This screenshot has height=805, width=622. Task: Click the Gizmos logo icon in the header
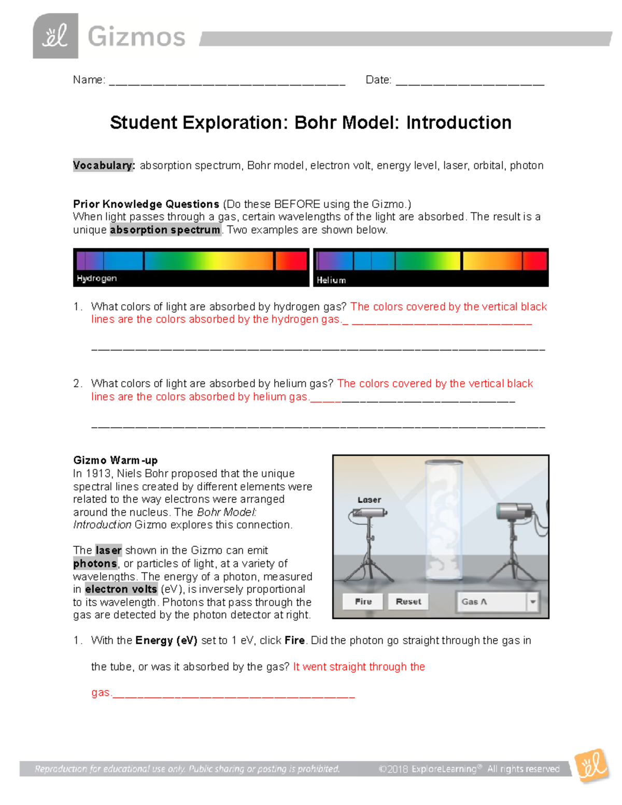55,36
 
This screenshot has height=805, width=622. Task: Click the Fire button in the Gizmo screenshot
363,601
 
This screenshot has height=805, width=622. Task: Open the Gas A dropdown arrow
532,602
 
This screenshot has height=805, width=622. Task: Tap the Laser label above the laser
369,500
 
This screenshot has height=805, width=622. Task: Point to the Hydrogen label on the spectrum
96,278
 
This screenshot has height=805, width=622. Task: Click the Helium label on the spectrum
331,280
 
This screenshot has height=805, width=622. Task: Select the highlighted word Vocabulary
104,165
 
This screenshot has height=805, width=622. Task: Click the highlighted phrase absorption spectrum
165,230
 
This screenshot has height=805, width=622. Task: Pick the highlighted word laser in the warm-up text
108,550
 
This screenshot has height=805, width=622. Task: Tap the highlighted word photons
95,563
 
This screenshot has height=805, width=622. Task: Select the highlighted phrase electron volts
121,589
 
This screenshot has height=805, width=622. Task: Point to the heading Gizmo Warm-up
115,460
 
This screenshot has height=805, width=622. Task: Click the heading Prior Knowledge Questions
146,204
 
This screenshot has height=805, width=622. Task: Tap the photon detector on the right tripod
514,511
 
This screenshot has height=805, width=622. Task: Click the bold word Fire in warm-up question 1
294,640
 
